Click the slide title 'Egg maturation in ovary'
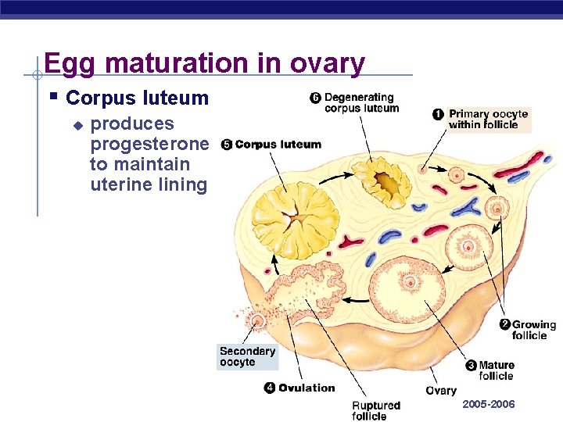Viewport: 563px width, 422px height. coord(204,63)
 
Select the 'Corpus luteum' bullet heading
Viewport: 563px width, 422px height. coord(138,98)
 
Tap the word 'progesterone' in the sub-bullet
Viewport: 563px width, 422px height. coord(149,145)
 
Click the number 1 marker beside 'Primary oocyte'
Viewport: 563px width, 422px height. coord(439,114)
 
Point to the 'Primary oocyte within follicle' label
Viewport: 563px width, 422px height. coord(488,119)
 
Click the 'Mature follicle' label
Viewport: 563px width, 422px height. coord(496,370)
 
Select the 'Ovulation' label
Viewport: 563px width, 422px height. coord(307,388)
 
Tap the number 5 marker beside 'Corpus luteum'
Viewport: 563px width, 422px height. coord(226,145)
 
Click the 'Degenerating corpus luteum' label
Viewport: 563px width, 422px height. coord(361,103)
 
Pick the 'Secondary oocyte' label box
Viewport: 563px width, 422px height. coord(247,357)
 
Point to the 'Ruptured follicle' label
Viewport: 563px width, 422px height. coord(375,410)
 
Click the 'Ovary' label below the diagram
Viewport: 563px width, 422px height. coord(441,391)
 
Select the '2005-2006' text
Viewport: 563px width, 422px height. coord(489,404)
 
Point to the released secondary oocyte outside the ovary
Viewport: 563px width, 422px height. coord(257,320)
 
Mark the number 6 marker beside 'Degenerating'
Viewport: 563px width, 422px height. coord(315,98)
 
